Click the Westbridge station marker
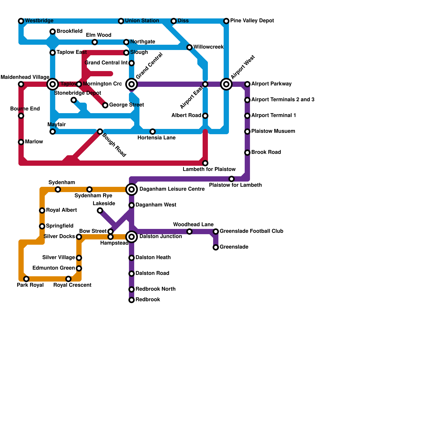[21, 21]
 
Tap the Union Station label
[142, 21]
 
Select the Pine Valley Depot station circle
[226, 21]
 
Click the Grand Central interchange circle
[132, 84]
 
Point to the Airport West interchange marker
[226, 84]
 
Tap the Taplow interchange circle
[53, 84]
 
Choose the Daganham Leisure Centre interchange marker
[132, 189]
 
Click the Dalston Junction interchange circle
[132, 237]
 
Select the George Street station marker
[105, 105]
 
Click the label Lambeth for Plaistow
[209, 169]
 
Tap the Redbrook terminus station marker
[132, 300]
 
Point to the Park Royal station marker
[26, 279]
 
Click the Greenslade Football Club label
[251, 231]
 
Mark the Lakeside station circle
[100, 210]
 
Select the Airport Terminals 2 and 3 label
[283, 100]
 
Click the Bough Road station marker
[100, 132]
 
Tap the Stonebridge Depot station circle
[74, 100]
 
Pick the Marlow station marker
[21, 142]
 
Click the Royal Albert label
[61, 210]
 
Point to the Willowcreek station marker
[189, 47]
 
